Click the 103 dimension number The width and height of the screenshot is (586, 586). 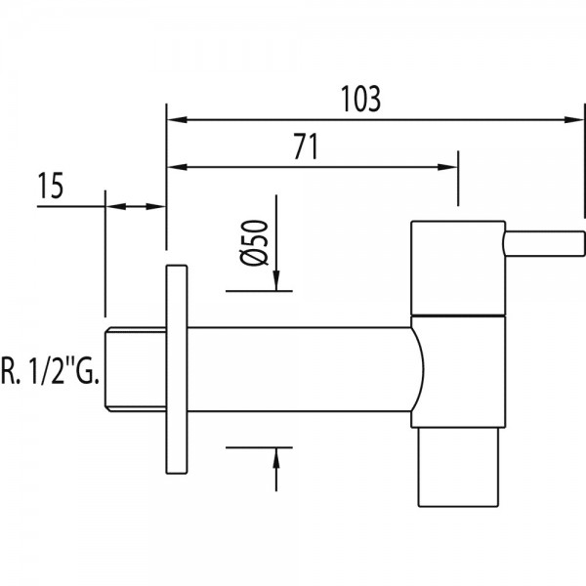point(361,99)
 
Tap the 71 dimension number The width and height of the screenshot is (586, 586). point(306,146)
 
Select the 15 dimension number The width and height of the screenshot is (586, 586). point(51,186)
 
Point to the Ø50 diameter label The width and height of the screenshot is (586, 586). point(254,242)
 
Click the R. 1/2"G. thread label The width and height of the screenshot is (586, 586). point(51,371)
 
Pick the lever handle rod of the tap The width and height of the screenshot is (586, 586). point(545,243)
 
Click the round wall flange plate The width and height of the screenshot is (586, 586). point(177,369)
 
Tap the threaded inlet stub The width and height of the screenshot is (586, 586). point(136,369)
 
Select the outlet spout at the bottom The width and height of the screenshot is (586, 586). point(458,467)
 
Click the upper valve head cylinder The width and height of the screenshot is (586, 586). point(458,268)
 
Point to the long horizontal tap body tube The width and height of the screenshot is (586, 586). point(299,369)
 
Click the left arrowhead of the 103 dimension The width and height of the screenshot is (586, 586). point(177,120)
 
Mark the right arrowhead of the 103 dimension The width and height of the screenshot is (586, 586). point(573,120)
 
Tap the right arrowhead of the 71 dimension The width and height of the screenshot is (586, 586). point(447,167)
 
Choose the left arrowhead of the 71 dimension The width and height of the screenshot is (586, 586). point(177,167)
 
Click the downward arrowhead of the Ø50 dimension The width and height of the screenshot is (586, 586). point(276,280)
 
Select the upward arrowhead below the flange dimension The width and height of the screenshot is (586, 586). point(276,457)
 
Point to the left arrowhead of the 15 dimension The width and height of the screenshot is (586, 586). point(116,206)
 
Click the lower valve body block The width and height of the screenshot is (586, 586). point(458,371)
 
